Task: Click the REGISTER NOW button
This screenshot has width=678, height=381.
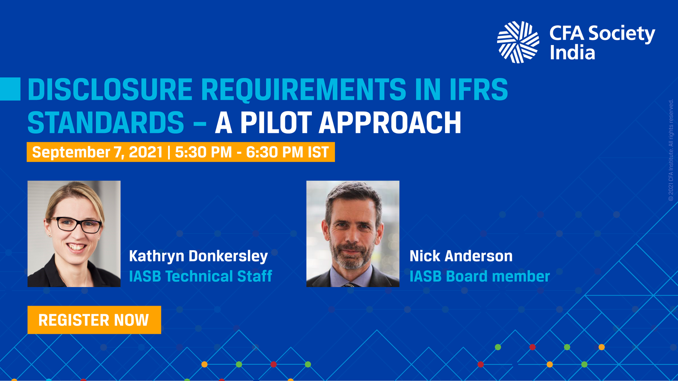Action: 94,320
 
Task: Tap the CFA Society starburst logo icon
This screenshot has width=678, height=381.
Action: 518,42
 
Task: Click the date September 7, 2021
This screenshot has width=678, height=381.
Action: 97,152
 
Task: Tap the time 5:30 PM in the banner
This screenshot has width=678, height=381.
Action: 203,152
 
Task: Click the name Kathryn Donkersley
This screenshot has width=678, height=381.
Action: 198,256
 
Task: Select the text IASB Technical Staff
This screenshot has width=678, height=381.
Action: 200,276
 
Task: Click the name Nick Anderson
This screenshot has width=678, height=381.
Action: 461,256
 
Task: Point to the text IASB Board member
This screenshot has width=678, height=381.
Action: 479,276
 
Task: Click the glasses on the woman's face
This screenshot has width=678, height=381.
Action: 75,225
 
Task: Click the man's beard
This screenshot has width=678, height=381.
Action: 352,256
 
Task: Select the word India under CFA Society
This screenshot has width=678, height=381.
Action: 572,52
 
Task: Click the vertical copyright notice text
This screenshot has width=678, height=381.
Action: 671,150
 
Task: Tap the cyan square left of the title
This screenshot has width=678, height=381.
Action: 10,89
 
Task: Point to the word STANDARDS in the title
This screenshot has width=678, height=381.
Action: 106,122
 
